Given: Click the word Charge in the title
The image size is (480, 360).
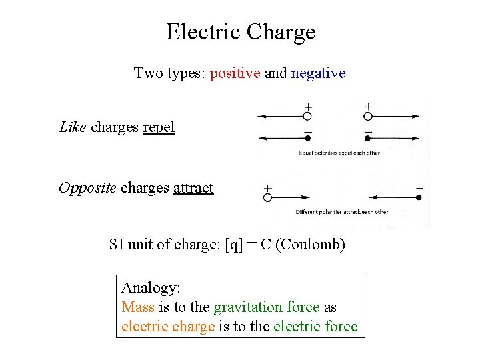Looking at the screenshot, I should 281,32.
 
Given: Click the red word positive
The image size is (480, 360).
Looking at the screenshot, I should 235,73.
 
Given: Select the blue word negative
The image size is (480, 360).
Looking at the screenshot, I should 318,73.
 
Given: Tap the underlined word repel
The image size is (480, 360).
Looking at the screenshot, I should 159,127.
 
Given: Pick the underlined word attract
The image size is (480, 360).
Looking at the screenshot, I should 193,188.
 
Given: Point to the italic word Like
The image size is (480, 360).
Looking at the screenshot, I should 73,127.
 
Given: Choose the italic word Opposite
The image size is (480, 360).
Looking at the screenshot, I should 87,188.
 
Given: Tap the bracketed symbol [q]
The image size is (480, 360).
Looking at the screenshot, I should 234,245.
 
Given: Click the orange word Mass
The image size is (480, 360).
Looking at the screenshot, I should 138,307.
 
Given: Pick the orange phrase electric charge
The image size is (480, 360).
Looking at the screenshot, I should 168,327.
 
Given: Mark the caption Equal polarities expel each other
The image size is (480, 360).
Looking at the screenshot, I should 339,153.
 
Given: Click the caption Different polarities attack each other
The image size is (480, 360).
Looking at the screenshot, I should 341,212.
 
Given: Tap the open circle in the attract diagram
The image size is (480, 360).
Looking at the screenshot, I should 267,197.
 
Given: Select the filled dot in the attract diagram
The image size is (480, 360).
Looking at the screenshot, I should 419,197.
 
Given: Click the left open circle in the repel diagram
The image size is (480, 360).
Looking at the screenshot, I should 307,116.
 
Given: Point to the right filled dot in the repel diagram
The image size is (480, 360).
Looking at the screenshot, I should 368,139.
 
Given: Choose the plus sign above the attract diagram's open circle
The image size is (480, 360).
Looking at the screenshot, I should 267,189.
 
